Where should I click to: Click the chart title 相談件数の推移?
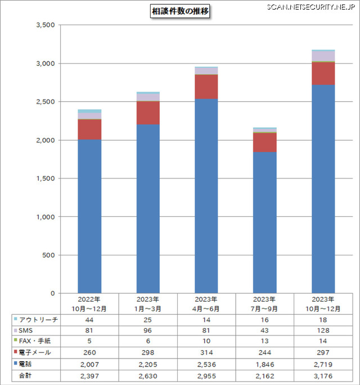point(180,11)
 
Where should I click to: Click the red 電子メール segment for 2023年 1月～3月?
point(148,113)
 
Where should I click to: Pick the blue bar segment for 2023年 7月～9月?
point(265,222)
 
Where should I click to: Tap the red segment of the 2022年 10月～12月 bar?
point(89,129)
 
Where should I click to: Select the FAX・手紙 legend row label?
point(36,341)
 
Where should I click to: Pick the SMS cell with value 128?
point(323,330)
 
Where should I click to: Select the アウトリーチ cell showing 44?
point(89,319)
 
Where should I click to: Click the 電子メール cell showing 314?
point(206,352)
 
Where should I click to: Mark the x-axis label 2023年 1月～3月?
point(148,303)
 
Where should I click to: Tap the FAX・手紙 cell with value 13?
point(265,341)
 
